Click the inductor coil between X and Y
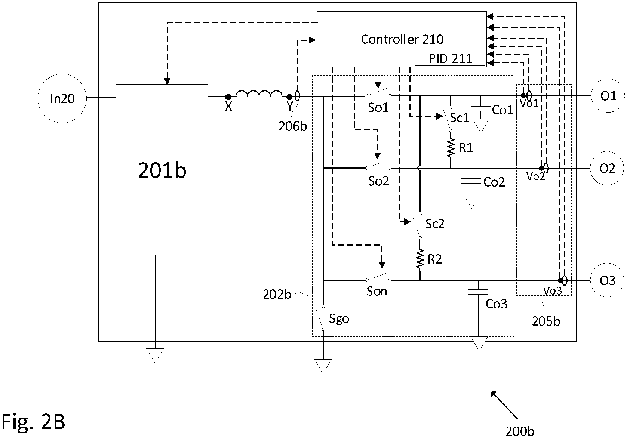pos(259,94)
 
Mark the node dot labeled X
pos(228,97)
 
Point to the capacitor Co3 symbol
pos(478,293)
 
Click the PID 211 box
pos(450,59)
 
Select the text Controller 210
pos(402,39)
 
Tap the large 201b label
pos(162,170)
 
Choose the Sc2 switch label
pos(435,224)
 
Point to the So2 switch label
pos(378,181)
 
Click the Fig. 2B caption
pos(34,422)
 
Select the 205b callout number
pos(546,321)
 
